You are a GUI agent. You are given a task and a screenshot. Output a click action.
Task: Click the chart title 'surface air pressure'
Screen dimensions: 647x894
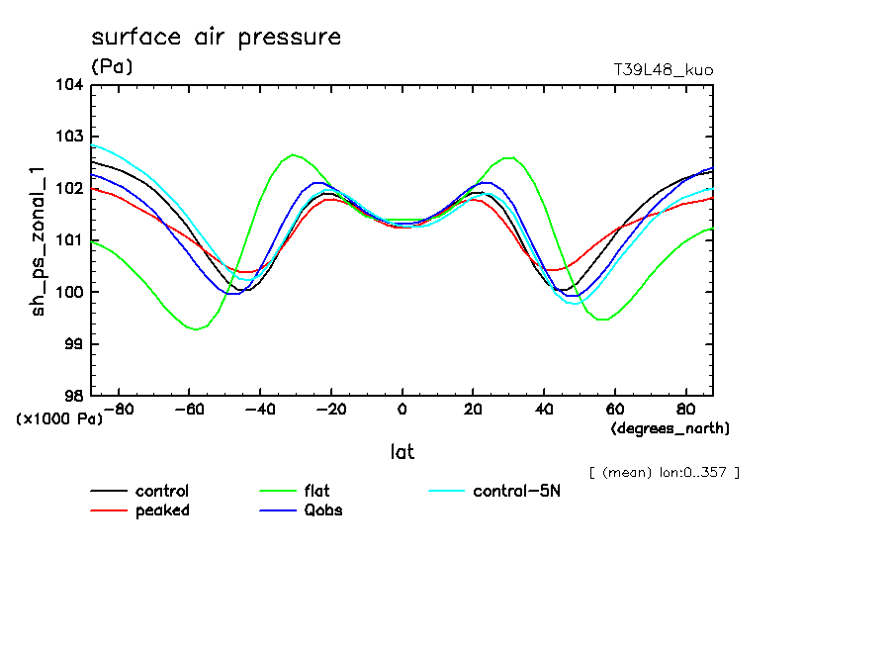coord(216,38)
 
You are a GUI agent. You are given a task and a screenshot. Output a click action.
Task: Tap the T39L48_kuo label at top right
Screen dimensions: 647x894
coord(664,70)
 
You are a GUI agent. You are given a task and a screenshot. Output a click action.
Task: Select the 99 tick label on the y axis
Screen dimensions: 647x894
coord(73,343)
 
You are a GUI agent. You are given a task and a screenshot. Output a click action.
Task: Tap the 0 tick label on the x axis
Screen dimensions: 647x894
coord(402,409)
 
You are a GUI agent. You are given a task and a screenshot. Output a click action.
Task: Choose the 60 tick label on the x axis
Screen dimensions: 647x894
coord(615,409)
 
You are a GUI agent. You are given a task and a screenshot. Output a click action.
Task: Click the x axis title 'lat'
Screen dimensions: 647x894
coord(402,452)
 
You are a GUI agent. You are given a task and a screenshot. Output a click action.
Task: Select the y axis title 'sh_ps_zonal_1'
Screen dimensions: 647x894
coord(40,240)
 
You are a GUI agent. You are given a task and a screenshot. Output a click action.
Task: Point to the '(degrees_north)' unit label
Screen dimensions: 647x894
coord(670,428)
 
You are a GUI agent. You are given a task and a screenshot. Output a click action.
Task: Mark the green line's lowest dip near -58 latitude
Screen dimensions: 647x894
coord(196,328)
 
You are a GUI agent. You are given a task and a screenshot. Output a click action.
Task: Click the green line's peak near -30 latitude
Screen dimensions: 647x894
coord(294,154)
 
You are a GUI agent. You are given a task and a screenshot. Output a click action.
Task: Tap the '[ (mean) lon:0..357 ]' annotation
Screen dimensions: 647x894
coord(664,472)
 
